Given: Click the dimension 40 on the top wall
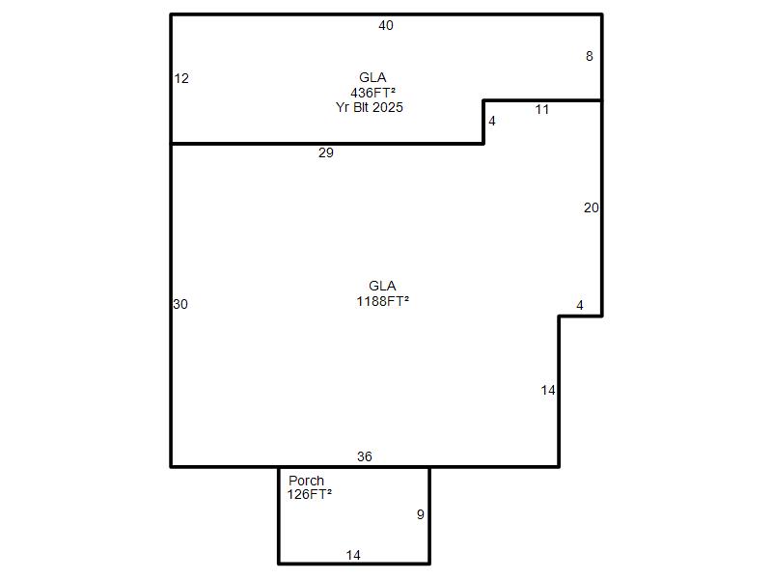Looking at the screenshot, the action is [x=385, y=26].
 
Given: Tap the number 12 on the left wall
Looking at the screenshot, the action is [x=181, y=78].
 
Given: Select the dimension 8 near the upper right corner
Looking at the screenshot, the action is [x=590, y=57].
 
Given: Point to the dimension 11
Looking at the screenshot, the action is [x=542, y=109].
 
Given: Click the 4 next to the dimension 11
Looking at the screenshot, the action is [x=492, y=122].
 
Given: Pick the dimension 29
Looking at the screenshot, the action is [x=326, y=152].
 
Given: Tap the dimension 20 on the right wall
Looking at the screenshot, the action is [x=592, y=207].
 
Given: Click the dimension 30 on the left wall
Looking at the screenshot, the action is [x=180, y=304].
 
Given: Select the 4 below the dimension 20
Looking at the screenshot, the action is [x=580, y=305].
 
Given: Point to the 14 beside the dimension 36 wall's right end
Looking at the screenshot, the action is [x=548, y=391].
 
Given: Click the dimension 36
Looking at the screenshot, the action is [x=365, y=456].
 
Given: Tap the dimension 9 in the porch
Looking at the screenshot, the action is [x=421, y=514].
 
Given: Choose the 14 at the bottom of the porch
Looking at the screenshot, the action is [x=353, y=556].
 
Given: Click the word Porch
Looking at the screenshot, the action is [x=306, y=481].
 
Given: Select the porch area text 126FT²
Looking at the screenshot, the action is [x=310, y=494].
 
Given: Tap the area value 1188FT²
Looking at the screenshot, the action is [x=383, y=301].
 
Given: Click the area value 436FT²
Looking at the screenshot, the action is [x=373, y=93].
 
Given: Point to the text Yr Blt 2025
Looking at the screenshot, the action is [x=370, y=107].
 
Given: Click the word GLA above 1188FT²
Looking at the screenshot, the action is [x=382, y=286].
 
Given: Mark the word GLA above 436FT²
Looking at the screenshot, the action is [x=372, y=77].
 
